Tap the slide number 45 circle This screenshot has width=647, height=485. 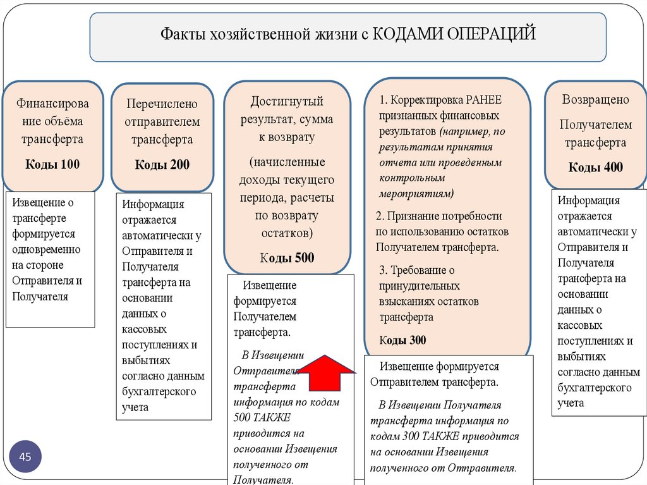click(26, 457)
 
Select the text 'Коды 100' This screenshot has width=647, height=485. click(52, 165)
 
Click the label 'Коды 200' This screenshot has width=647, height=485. click(162, 165)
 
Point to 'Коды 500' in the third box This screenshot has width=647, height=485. click(287, 257)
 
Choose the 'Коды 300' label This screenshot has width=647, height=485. click(402, 340)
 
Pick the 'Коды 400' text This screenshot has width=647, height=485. click(595, 167)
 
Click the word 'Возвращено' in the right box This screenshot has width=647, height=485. click(596, 99)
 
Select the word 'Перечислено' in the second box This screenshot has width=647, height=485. click(162, 103)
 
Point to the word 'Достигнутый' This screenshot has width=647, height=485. click(287, 101)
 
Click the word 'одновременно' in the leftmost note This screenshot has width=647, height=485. click(46, 250)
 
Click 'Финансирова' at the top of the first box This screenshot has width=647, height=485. click(52, 103)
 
